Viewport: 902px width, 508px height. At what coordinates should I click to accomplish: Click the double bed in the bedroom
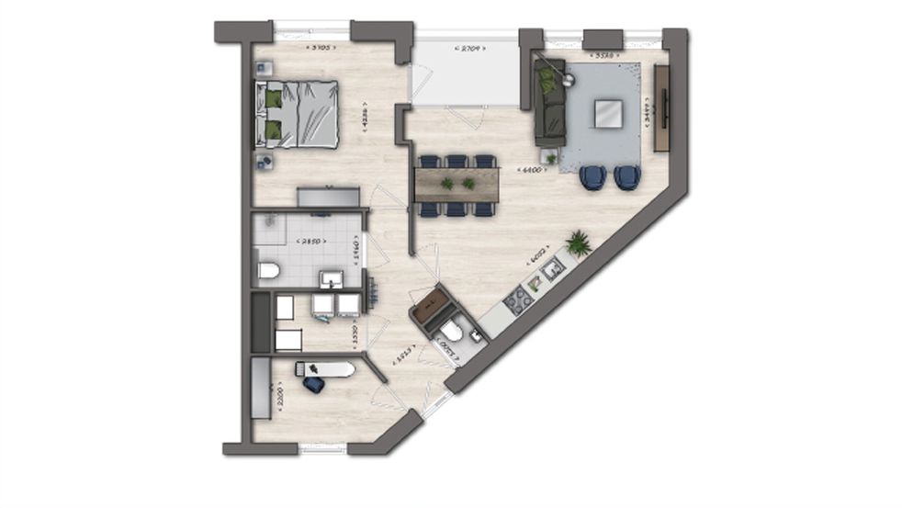[x=299, y=114]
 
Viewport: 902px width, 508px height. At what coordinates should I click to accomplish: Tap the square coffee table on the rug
[x=607, y=113]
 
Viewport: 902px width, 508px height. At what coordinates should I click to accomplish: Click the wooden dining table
[x=457, y=184]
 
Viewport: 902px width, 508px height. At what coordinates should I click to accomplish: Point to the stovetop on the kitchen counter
[x=518, y=299]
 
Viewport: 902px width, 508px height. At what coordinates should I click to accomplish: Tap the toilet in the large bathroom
[x=268, y=270]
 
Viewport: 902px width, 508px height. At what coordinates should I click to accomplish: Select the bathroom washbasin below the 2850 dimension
[x=331, y=278]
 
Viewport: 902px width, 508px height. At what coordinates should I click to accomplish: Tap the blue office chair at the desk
[x=312, y=383]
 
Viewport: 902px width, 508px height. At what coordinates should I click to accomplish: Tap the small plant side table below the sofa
[x=551, y=158]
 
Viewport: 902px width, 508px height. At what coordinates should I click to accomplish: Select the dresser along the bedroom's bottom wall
[x=328, y=197]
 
